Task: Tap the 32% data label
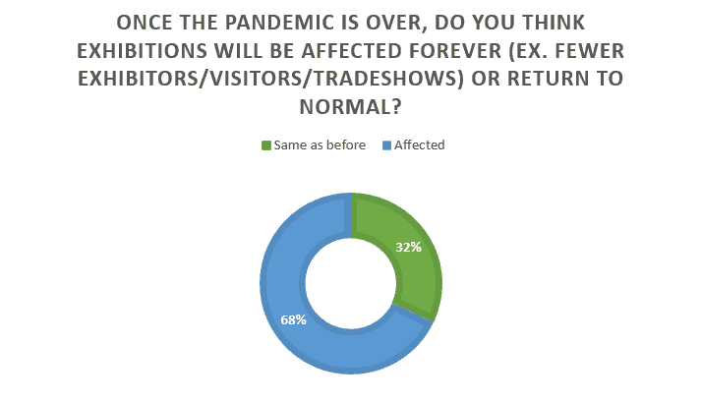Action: coord(409,247)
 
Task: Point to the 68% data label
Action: coord(293,319)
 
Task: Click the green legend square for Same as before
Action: coord(266,145)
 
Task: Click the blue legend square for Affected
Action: coord(386,145)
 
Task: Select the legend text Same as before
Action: coord(320,145)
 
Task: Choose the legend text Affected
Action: coord(420,145)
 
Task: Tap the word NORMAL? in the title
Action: coord(350,107)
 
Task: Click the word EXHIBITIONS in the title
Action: coord(143,51)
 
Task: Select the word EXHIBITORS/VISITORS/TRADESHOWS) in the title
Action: coord(271,79)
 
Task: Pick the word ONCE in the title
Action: coord(143,23)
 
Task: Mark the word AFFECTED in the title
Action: coord(352,51)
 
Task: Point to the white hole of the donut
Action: coord(351,284)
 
